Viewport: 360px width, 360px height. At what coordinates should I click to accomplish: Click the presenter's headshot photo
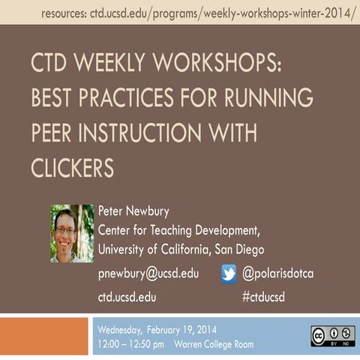pos(72,233)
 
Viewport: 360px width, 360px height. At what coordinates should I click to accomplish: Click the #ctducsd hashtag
pos(263,297)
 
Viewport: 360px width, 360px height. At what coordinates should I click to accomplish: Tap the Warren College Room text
pos(214,344)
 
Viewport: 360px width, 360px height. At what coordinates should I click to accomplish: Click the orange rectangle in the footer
pos(44,336)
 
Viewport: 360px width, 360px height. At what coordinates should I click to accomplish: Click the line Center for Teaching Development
pos(179,229)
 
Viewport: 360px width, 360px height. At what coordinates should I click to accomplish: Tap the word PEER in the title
pos(53,133)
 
